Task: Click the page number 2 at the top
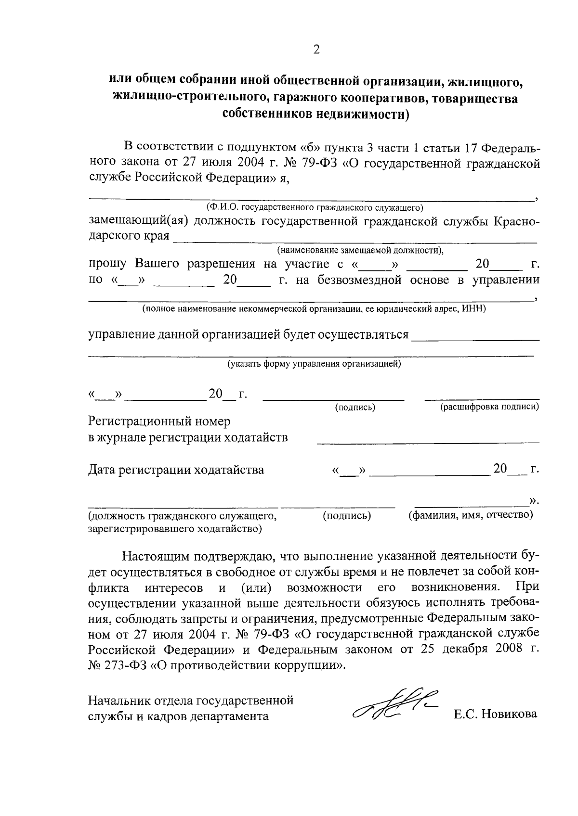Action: coord(316,49)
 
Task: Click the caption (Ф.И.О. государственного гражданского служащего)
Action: coord(314,207)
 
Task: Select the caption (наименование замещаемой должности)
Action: coord(360,250)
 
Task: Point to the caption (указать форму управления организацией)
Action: coord(314,364)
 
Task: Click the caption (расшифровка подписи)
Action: coord(489,407)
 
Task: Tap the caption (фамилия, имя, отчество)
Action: coord(471,515)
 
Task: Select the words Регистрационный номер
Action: coord(159,421)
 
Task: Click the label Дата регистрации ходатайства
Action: coord(176,470)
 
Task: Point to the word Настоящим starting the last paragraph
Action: coord(155,557)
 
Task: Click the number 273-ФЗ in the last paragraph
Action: coord(124,666)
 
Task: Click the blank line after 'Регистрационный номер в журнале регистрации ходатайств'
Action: coord(428,441)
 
